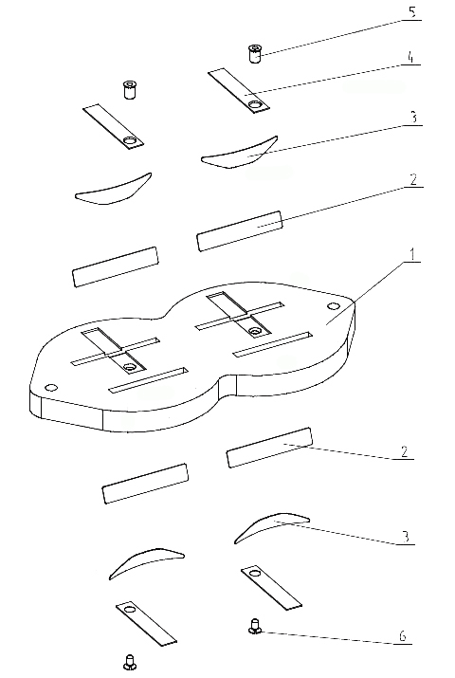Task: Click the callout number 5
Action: (413, 11)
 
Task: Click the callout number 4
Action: (411, 57)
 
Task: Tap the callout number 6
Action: (402, 636)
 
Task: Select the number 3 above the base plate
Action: (413, 117)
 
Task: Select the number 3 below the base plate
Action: (405, 537)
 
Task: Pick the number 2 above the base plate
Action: (413, 179)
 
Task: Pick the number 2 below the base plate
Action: (404, 451)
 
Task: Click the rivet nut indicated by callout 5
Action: (255, 53)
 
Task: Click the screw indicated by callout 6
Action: (255, 626)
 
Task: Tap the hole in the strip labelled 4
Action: (255, 104)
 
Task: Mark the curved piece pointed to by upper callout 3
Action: (240, 153)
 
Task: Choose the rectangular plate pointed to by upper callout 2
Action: (240, 231)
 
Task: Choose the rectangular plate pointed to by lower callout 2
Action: (269, 448)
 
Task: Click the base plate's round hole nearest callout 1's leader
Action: (333, 306)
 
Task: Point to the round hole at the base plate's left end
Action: (50, 386)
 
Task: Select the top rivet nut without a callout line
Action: (129, 89)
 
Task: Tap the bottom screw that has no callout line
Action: (129, 663)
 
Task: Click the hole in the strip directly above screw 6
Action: (254, 574)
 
